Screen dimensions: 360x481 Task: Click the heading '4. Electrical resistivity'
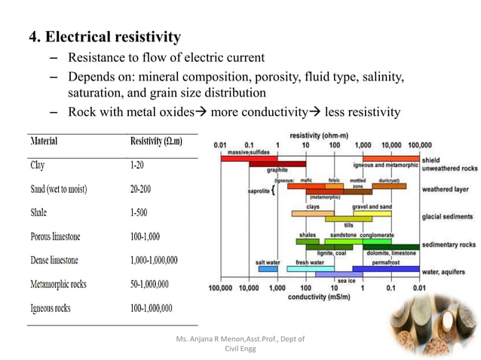tap(105, 36)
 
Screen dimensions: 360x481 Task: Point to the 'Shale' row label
tap(39, 212)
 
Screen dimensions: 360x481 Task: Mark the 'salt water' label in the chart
tap(268, 262)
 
